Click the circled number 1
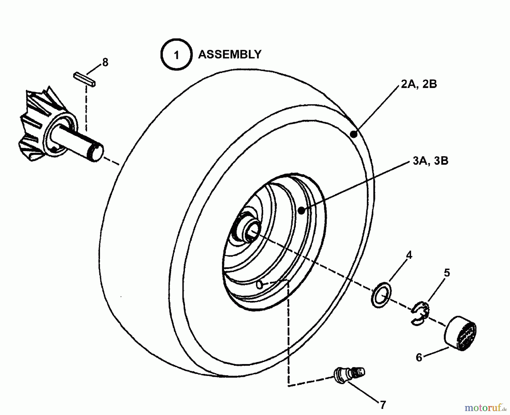pyautogui.click(x=176, y=55)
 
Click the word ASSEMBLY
pyautogui.click(x=229, y=54)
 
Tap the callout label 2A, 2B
pyautogui.click(x=419, y=84)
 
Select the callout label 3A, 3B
pyautogui.click(x=430, y=161)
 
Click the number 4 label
pyautogui.click(x=409, y=255)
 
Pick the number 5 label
pyautogui.click(x=447, y=273)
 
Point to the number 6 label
pyautogui.click(x=419, y=358)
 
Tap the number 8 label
pyautogui.click(x=105, y=62)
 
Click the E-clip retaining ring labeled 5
pyautogui.click(x=420, y=313)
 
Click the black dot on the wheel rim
pyautogui.click(x=301, y=210)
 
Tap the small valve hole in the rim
pyautogui.click(x=259, y=284)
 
